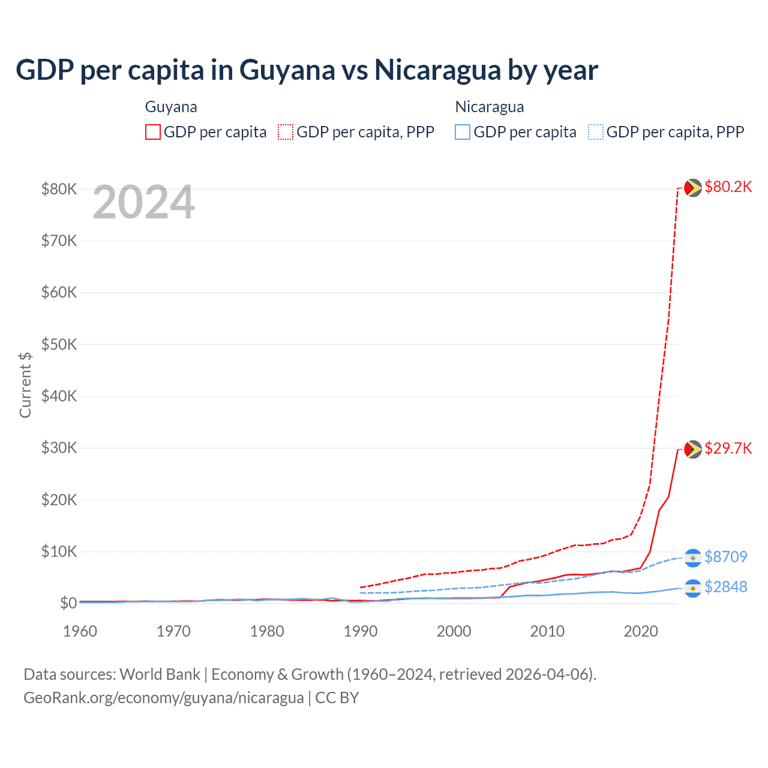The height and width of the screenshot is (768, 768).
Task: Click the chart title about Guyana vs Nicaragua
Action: pos(307,70)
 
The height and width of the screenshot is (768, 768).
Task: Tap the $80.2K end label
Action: pos(728,187)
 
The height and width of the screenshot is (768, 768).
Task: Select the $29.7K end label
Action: pos(728,448)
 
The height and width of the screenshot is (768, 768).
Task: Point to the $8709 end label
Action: pos(725,557)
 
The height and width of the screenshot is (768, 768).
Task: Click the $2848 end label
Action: pos(725,587)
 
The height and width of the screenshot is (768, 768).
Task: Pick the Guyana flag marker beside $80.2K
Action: pos(693,188)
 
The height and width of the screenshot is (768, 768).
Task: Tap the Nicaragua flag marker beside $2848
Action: pos(693,588)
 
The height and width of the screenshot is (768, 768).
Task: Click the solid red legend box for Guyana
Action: pos(153,132)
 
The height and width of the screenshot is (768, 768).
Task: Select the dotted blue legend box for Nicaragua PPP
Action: pos(596,132)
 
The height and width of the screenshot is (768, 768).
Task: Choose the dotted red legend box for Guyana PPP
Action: pos(286,132)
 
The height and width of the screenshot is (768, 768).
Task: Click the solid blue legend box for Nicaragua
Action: pos(463,132)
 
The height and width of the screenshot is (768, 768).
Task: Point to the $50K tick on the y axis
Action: pos(59,344)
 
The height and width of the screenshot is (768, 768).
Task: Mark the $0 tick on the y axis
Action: pos(68,603)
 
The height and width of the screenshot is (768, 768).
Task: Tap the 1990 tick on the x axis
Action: pos(361,631)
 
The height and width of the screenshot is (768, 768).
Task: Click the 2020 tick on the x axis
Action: pos(641,631)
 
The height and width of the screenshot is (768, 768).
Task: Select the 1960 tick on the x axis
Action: pos(80,631)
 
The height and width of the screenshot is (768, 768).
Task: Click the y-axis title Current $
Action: pos(25,385)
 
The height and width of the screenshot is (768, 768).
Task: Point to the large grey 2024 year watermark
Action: pos(144,203)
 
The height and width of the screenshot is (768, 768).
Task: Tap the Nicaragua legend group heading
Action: pos(490,107)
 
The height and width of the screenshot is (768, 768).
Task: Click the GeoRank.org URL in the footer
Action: pos(164,698)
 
